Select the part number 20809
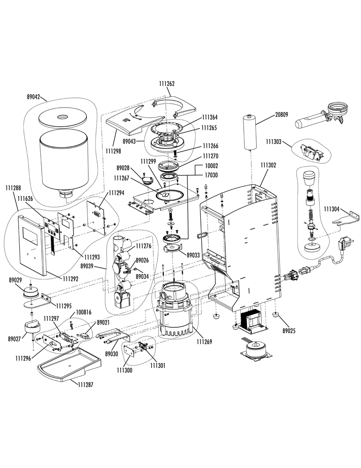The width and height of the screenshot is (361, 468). [x=281, y=114]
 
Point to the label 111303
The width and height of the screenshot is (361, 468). [x=274, y=142]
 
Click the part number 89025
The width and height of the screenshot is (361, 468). [x=289, y=331]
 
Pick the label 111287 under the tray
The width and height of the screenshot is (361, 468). [x=85, y=385]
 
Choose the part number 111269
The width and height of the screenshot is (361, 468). [x=204, y=342]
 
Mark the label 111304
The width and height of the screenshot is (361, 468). [x=332, y=209]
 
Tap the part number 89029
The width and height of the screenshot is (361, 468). [x=15, y=280]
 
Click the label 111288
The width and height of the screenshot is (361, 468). [x=13, y=188]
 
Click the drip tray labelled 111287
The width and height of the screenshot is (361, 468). [x=69, y=365]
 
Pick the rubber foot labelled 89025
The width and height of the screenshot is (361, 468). [x=276, y=314]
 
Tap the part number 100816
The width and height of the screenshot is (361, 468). [x=83, y=313]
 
